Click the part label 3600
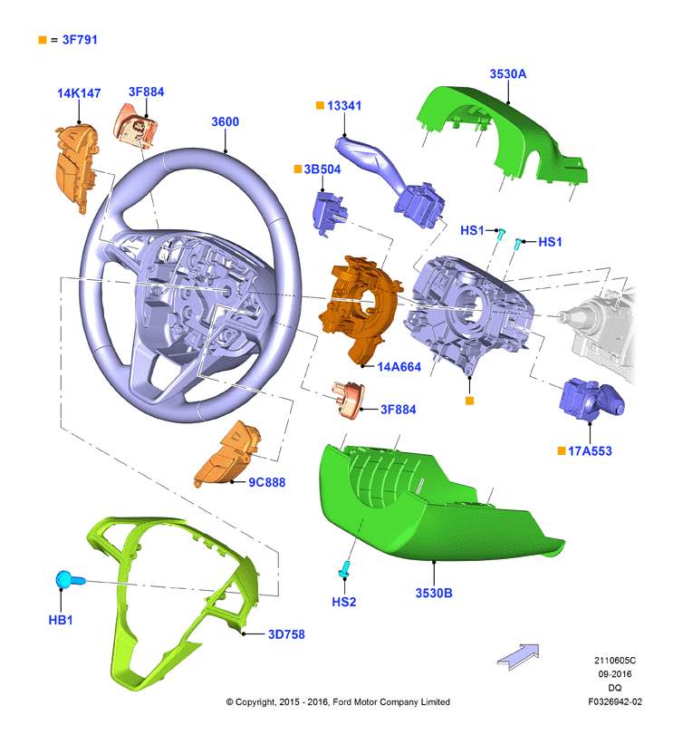226,121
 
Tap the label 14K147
79,93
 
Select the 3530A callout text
508,74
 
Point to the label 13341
344,105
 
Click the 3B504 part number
322,169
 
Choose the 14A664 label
399,366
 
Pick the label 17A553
590,451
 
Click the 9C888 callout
267,482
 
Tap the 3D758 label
286,634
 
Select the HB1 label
61,620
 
